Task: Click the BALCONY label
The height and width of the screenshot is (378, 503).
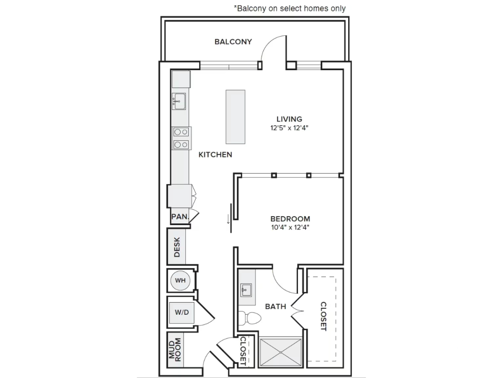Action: click(x=233, y=42)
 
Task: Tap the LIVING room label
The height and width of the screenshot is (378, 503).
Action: click(x=289, y=119)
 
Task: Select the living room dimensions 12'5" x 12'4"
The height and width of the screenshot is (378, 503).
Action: click(x=289, y=128)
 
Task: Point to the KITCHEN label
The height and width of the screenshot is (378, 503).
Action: click(x=215, y=155)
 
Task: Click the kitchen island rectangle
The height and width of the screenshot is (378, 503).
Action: click(x=236, y=117)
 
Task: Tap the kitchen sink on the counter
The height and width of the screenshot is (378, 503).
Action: click(x=179, y=101)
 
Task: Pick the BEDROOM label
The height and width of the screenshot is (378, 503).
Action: click(x=290, y=219)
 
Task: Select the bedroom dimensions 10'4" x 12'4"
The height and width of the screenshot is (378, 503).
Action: click(x=290, y=228)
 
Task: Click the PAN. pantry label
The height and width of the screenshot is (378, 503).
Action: click(x=180, y=217)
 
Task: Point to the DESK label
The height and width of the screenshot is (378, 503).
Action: click(x=177, y=247)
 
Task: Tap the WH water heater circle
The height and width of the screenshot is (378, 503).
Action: click(x=180, y=280)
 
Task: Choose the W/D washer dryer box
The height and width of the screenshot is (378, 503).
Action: click(x=181, y=313)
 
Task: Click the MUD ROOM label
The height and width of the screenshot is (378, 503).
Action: click(x=175, y=350)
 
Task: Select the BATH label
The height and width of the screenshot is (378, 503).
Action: click(x=276, y=307)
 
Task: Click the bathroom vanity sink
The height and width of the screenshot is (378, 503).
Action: click(x=246, y=290)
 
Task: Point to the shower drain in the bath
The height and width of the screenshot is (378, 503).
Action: click(x=281, y=352)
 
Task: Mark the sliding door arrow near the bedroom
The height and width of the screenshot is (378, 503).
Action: click(x=228, y=219)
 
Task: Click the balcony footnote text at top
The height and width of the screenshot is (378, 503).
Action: click(x=290, y=8)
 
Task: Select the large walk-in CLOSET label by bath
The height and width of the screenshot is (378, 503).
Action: click(x=324, y=316)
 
